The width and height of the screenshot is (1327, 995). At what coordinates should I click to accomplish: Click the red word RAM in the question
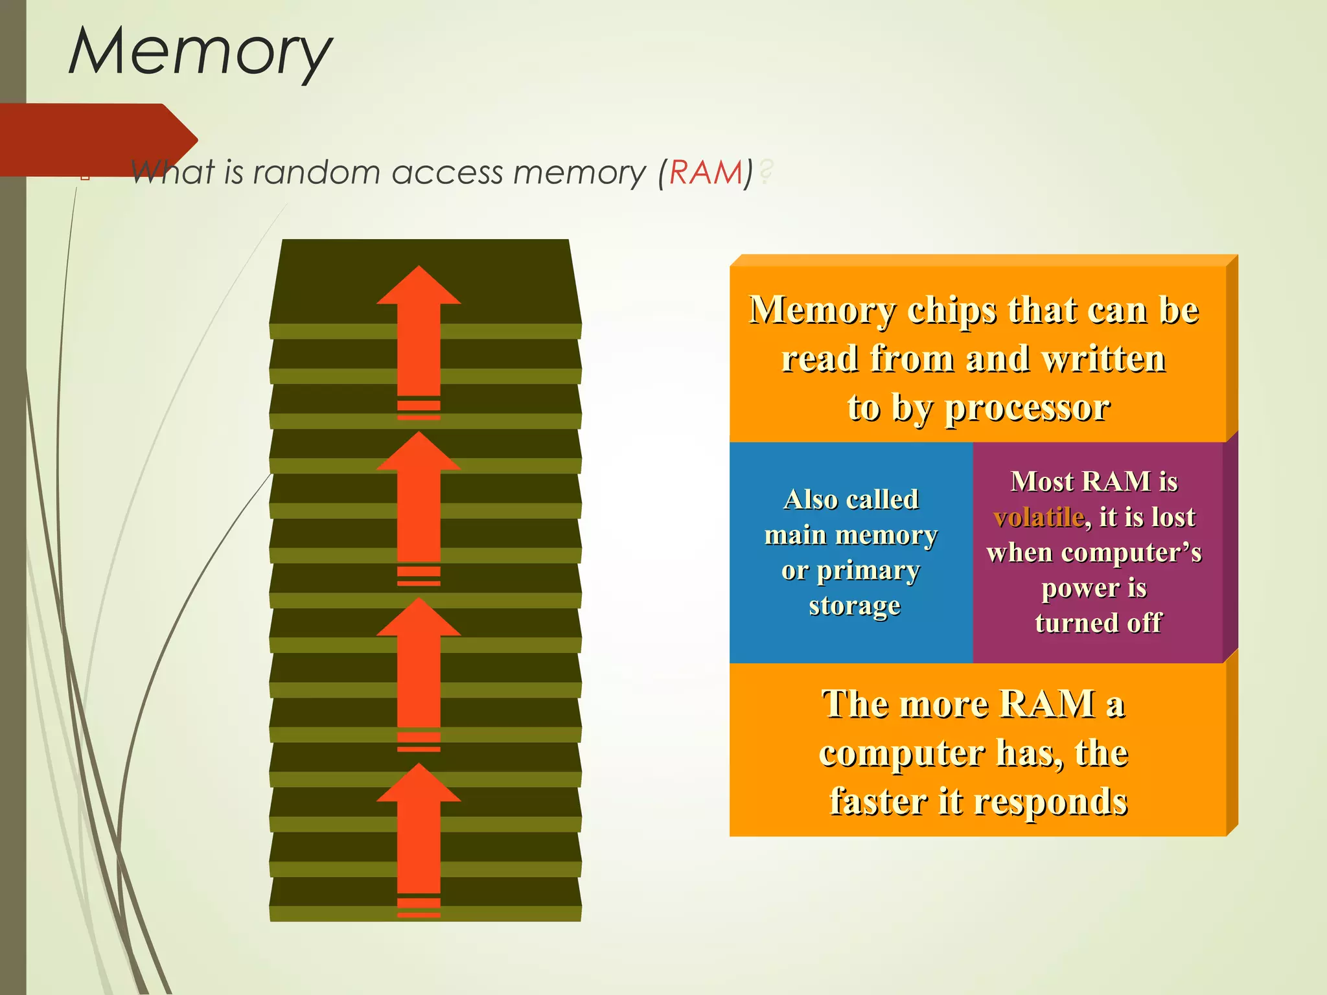point(706,173)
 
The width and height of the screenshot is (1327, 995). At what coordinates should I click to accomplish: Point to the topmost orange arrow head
point(419,286)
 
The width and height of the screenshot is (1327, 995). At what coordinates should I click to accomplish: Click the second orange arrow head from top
point(419,452)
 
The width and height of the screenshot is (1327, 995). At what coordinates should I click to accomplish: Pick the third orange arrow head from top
point(419,618)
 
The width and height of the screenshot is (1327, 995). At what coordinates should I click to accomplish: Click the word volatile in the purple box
point(1039,518)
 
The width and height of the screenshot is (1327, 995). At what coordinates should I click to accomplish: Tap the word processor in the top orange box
point(1027,409)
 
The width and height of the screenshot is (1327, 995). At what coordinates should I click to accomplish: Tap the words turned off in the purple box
point(1098,623)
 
